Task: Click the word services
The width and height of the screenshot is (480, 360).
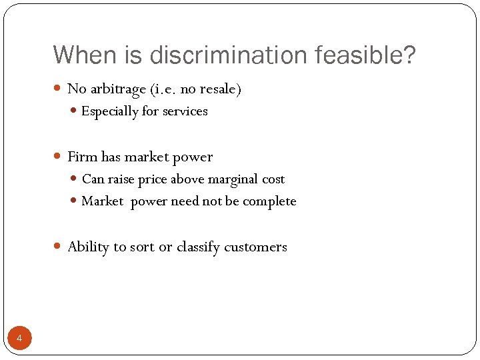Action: [185, 111]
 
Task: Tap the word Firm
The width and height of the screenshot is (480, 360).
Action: [83, 157]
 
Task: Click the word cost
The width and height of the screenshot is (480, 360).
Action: [273, 179]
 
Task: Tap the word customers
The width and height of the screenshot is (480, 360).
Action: [255, 247]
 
